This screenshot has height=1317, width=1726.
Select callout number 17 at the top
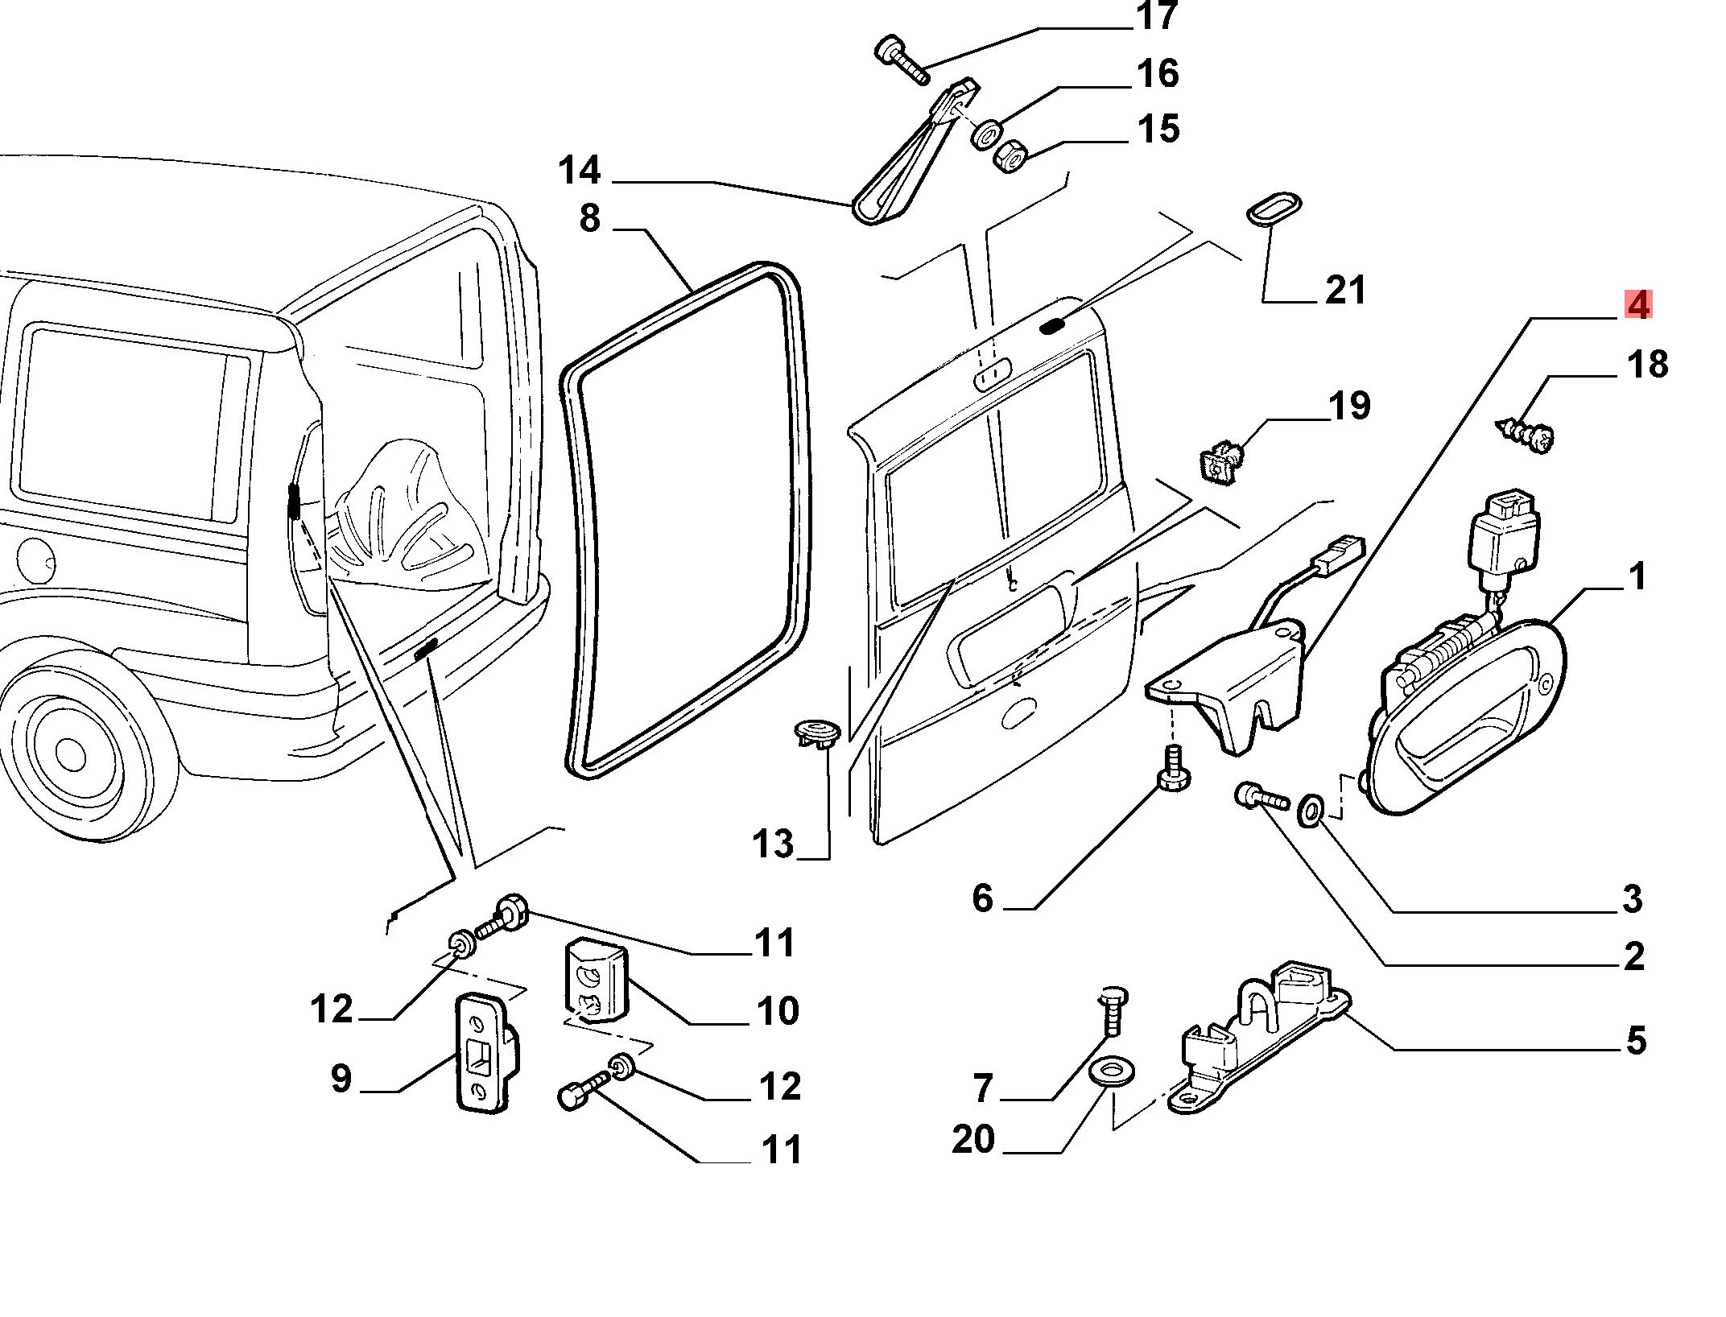(1158, 16)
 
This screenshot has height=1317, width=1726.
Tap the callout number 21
(1345, 291)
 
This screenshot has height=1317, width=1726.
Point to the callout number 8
(590, 218)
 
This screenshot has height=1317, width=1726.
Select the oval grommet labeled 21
(1274, 208)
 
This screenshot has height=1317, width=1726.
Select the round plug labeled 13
(815, 734)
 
